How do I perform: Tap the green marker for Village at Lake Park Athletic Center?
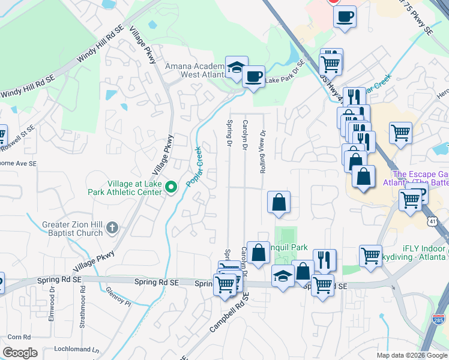tap(170, 188)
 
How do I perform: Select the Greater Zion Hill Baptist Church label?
tap(73, 229)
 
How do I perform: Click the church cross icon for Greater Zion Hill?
tap(111, 227)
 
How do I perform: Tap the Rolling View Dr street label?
tap(262, 152)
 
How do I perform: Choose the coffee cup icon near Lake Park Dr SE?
tap(253, 76)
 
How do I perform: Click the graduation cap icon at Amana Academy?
tap(236, 67)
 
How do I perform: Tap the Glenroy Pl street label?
tap(118, 296)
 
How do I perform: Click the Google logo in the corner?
tap(20, 353)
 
